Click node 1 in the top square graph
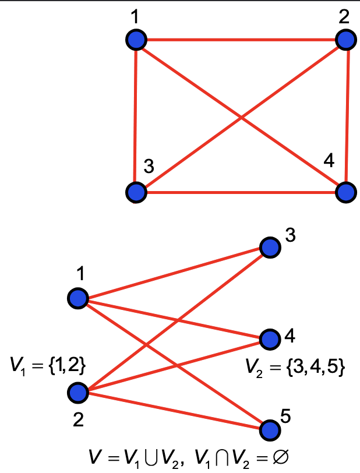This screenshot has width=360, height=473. click(136, 40)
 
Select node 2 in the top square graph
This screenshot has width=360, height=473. click(347, 40)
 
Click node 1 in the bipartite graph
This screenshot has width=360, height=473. click(77, 299)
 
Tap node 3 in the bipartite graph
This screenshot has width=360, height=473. click(269, 248)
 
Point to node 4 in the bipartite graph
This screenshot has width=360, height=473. click(269, 338)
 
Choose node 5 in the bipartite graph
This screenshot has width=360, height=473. click(269, 430)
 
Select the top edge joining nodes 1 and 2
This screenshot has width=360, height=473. click(241, 40)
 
